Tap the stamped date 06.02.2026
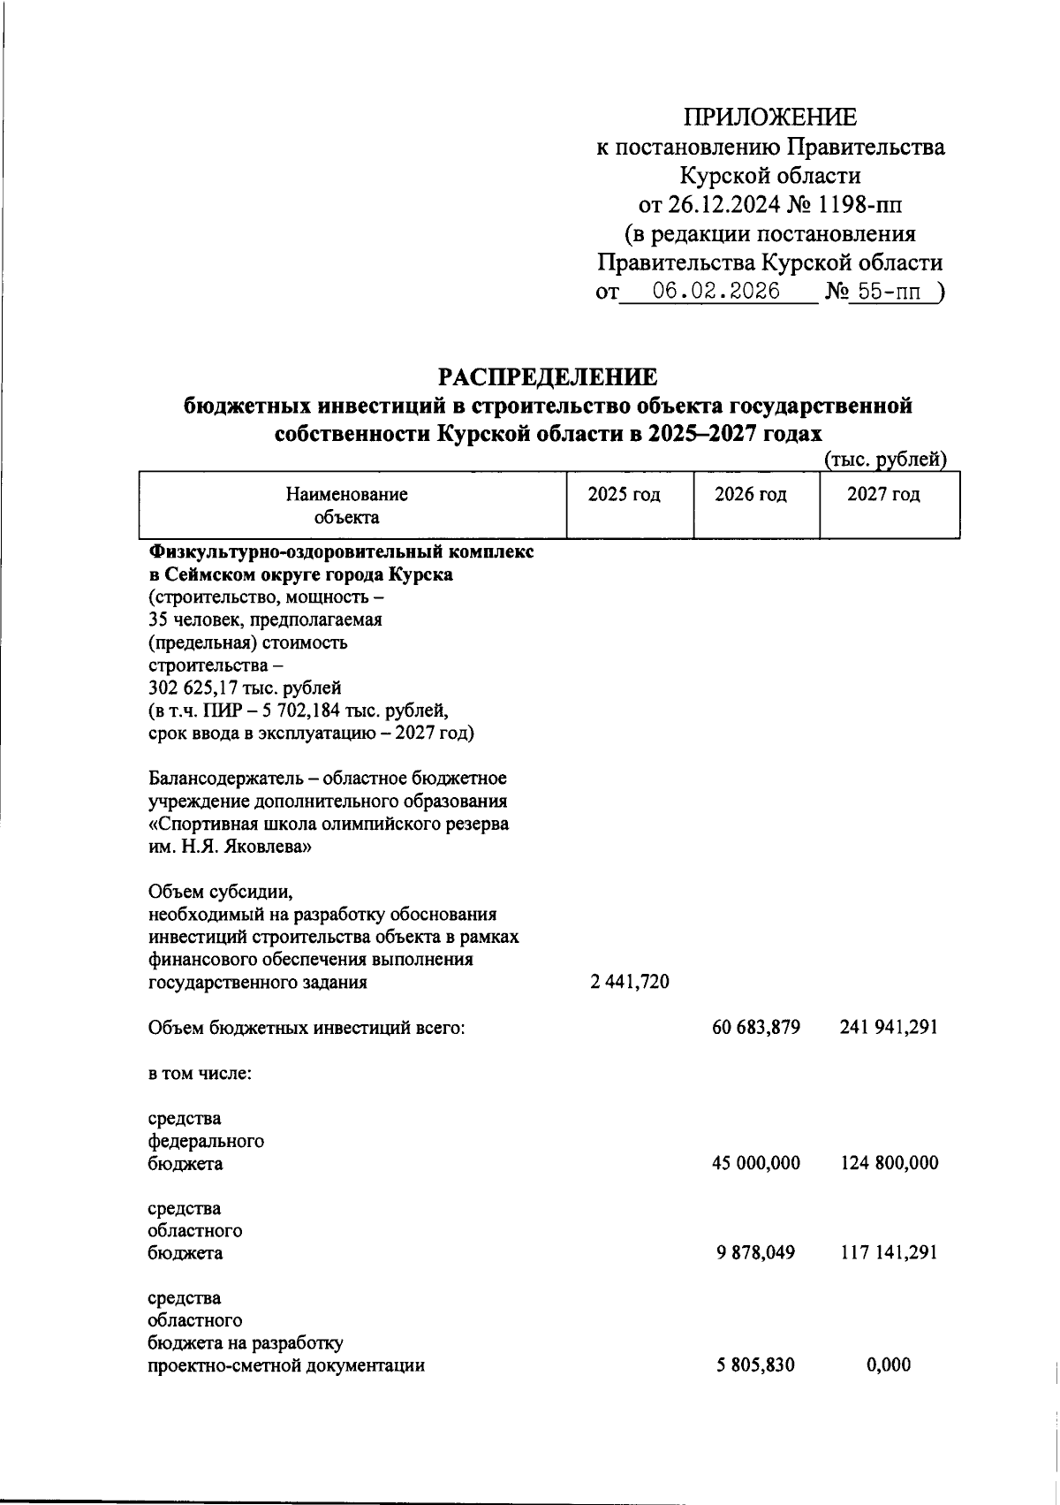[715, 292]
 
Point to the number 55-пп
[890, 292]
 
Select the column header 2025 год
[625, 495]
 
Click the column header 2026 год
[751, 495]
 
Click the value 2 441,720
[628, 982]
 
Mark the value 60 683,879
[756, 1027]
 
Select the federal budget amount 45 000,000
[756, 1163]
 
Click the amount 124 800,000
[889, 1163]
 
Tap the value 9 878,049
[756, 1253]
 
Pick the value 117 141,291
[888, 1253]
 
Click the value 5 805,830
[756, 1365]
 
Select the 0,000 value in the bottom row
[889, 1365]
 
